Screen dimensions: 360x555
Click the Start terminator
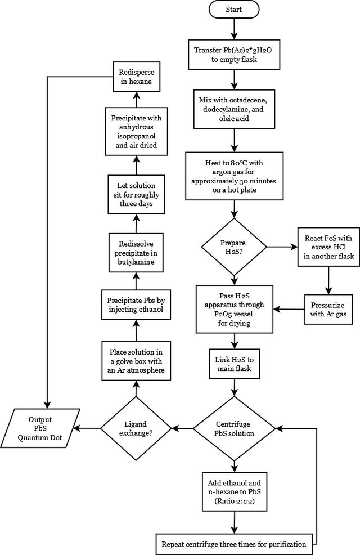pyautogui.click(x=234, y=9)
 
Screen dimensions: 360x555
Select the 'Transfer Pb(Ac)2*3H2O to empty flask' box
pyautogui.click(x=234, y=55)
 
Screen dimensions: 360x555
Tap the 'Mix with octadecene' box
pyautogui.click(x=234, y=109)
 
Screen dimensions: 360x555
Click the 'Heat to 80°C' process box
pyautogui.click(x=234, y=176)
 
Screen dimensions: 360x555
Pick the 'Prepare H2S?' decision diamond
pyautogui.click(x=234, y=247)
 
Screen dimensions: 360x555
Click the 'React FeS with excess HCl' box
pyautogui.click(x=329, y=247)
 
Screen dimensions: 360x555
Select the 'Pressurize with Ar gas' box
pyautogui.click(x=328, y=310)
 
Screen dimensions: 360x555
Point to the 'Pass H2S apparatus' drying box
pyautogui.click(x=235, y=309)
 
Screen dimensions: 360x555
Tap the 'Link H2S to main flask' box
pyautogui.click(x=235, y=364)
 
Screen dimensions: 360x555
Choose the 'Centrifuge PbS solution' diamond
pyautogui.click(x=234, y=429)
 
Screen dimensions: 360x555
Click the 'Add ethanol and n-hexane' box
pyautogui.click(x=235, y=491)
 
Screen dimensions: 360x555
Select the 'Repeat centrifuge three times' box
pyautogui.click(x=234, y=544)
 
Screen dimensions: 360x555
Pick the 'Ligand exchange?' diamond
pyautogui.click(x=136, y=428)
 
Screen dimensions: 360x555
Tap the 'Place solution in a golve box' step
pyautogui.click(x=136, y=361)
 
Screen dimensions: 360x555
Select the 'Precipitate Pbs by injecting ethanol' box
pyautogui.click(x=136, y=305)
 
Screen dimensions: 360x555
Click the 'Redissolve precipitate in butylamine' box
pyautogui.click(x=136, y=253)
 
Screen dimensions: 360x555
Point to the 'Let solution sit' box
pyautogui.click(x=136, y=194)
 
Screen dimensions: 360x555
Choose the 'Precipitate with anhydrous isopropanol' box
pyautogui.click(x=136, y=131)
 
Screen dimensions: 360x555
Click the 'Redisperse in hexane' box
pyautogui.click(x=137, y=77)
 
